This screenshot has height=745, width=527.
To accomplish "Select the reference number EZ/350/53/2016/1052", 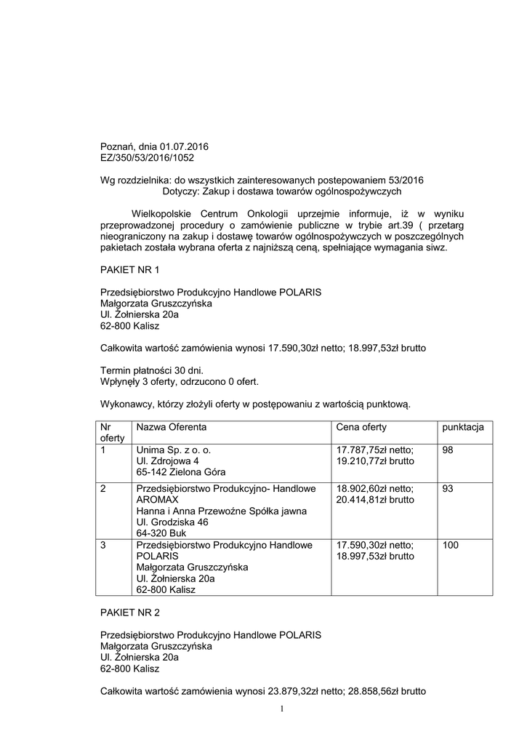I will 147,156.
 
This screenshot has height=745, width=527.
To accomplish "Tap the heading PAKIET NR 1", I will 129,270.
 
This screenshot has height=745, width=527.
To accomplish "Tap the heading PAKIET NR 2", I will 129,613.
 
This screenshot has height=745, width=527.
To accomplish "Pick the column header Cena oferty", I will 361,427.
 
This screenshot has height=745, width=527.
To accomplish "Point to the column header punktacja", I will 463,427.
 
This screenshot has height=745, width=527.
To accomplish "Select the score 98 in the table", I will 448,450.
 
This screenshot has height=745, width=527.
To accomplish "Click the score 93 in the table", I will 448,489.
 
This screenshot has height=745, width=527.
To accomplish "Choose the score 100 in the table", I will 450,545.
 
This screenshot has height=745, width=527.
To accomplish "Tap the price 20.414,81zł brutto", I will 375,500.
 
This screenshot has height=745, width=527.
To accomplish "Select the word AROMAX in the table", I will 157,500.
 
